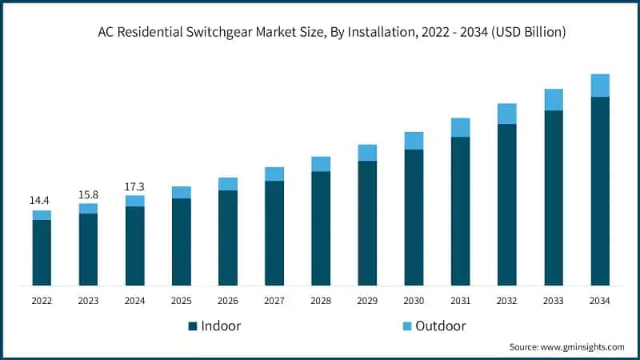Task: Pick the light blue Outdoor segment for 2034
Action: [x=600, y=85]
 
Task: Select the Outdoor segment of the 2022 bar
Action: [x=42, y=215]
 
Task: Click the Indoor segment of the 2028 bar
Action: [x=321, y=228]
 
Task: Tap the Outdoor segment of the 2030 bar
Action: [x=414, y=141]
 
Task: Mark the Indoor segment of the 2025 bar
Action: [x=182, y=242]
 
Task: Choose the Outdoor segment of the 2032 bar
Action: [x=506, y=114]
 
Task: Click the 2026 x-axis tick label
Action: [x=228, y=301]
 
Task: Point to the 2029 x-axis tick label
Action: [x=367, y=301]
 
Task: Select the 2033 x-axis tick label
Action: [x=554, y=301]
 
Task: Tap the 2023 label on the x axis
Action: [x=88, y=301]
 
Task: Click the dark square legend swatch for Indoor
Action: [x=193, y=326]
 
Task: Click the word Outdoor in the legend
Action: [x=440, y=326]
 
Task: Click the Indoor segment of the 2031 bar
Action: [x=460, y=211]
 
